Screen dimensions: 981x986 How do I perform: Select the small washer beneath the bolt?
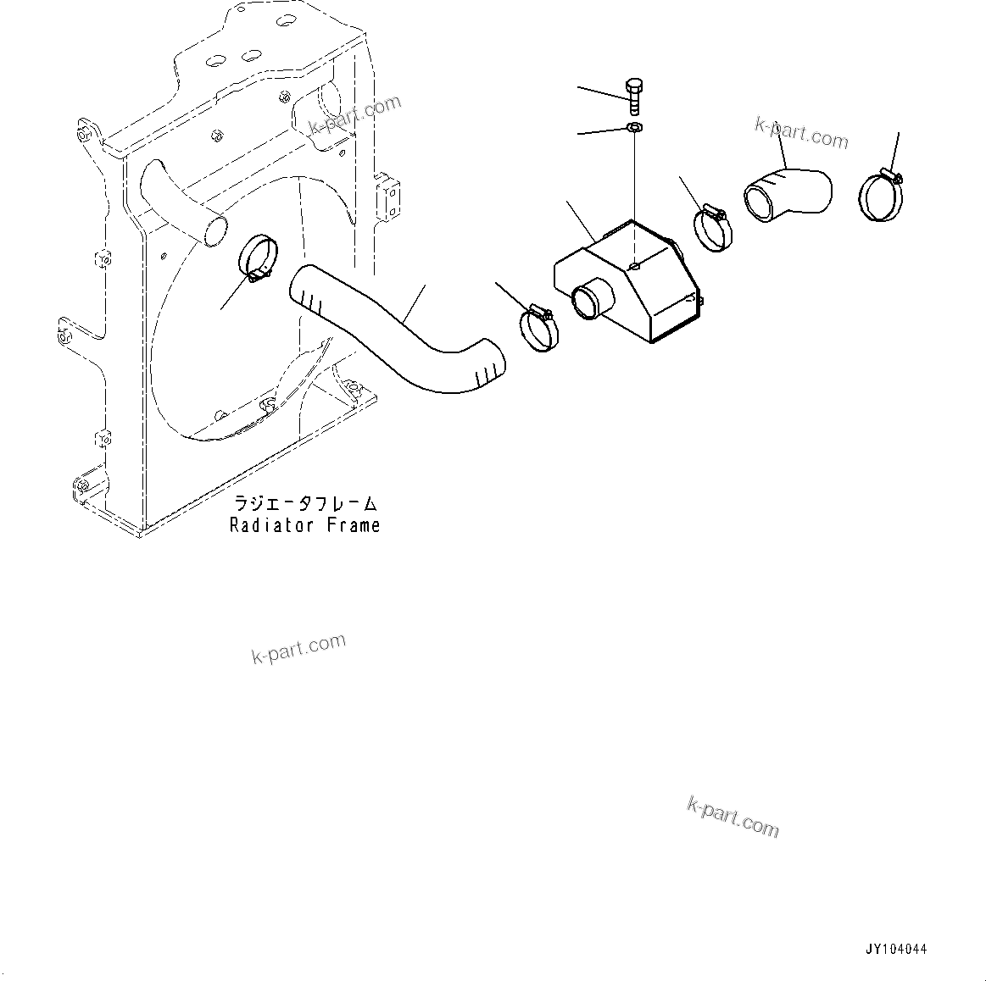coord(635,127)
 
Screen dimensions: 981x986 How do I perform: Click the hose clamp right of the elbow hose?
coord(881,195)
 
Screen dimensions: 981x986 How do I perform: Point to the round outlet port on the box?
coord(588,302)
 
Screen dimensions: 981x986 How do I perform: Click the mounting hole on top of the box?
coord(636,265)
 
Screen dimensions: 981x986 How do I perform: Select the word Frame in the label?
coord(354,525)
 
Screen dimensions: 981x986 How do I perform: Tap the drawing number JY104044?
coord(896,951)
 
